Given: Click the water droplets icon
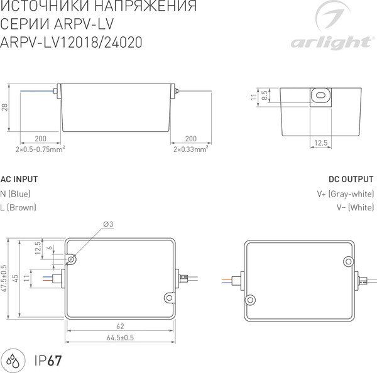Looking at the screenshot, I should tap(13, 360).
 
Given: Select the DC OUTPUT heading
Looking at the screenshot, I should tap(352, 178).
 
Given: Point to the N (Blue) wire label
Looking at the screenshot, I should tap(16, 193).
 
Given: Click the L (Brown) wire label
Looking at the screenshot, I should tap(18, 207).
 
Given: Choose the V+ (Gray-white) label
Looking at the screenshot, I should tap(346, 193).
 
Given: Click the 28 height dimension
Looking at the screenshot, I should tap(4, 108).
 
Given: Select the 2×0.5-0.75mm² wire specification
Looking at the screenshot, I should tap(41, 149).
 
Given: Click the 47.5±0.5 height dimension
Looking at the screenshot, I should tap(4, 278).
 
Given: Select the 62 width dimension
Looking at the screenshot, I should tap(119, 327).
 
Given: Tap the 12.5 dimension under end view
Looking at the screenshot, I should tap(321, 143).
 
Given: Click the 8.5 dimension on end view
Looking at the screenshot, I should tap(265, 95).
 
